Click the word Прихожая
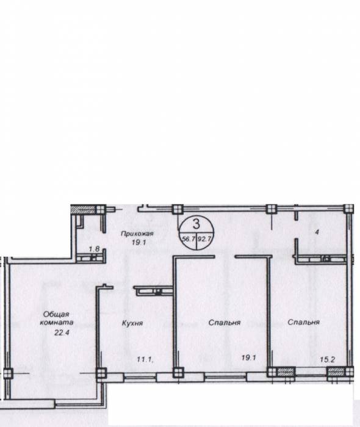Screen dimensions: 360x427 point(137,234)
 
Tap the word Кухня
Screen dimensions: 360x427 point(132,323)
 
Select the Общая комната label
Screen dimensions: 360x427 point(56,318)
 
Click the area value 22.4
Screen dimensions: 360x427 point(62,332)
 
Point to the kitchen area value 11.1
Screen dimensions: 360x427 point(145,359)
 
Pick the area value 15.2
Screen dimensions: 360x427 point(327,359)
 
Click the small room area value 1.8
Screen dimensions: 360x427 point(94,249)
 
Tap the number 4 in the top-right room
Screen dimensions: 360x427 point(317,232)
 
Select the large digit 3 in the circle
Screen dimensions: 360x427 point(196,224)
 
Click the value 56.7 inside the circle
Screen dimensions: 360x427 point(189,239)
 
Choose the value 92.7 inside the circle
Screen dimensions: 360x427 point(204,239)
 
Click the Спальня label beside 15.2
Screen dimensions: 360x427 point(303,322)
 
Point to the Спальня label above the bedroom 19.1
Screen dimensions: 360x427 point(225,323)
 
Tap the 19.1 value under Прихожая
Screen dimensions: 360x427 point(139,242)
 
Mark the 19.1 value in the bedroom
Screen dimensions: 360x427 point(248,357)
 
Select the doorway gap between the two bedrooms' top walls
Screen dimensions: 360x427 point(225,257)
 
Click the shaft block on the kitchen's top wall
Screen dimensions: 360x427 point(153,291)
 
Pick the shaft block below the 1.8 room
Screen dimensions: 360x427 point(90,258)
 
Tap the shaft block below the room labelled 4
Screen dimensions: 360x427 point(322,259)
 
